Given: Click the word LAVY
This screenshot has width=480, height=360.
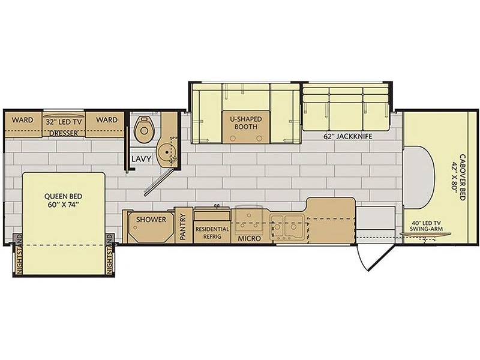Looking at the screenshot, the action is [142, 159].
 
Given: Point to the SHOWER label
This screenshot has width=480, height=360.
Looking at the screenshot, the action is [151, 220].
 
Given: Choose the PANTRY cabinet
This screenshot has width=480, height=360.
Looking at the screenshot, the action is [184, 226].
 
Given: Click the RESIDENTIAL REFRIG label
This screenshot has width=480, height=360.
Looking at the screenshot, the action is [212, 233].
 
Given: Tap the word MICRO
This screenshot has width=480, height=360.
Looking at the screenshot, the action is [249, 238].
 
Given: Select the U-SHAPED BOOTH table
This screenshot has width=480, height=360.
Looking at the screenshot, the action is [247, 127].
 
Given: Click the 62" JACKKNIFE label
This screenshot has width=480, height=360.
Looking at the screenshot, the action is [348, 137].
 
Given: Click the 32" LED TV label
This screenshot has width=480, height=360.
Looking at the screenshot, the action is [64, 122].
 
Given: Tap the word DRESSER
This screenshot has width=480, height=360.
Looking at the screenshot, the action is [64, 133].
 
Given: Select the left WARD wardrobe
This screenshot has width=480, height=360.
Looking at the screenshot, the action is [23, 124].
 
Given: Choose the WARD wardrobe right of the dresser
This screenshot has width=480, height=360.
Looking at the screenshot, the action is [104, 124].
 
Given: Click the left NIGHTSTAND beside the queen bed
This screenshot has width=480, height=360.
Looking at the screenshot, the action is [18, 254].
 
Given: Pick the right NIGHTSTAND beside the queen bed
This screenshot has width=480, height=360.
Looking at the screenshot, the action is [110, 254].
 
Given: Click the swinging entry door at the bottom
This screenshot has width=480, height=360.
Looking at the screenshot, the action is [374, 257].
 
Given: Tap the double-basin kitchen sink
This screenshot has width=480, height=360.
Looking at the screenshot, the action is [287, 227].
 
